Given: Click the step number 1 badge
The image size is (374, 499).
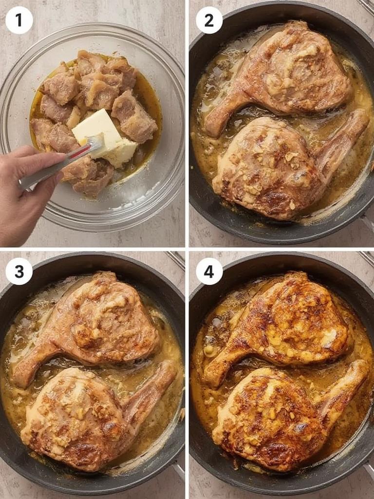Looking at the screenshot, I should (x=19, y=20).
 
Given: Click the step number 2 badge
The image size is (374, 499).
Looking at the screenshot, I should (x=209, y=20).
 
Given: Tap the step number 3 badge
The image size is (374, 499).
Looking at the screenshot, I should (x=19, y=271).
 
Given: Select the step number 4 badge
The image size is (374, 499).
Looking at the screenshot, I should (x=209, y=271).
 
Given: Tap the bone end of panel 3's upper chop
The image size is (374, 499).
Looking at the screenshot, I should (x=22, y=375).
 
